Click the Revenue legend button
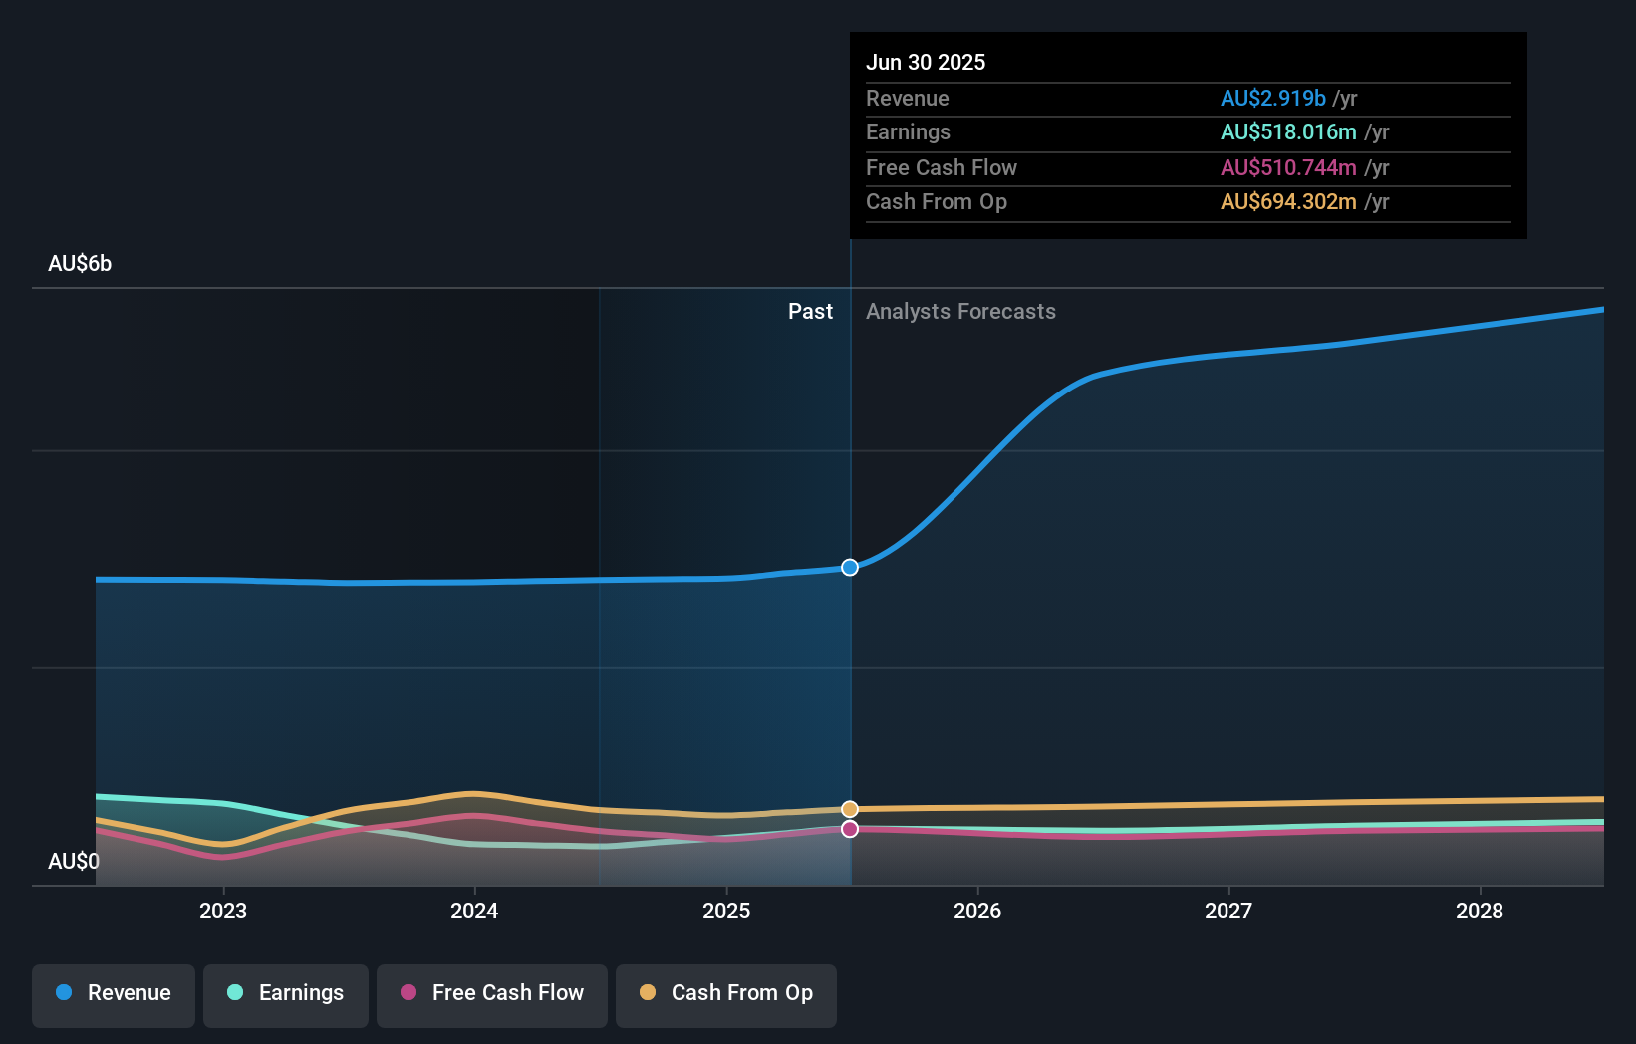point(114,993)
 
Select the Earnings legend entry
point(286,993)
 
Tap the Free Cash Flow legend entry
point(492,993)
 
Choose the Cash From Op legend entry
point(726,993)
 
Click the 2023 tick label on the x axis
point(223,911)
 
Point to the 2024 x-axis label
point(474,911)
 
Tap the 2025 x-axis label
point(726,911)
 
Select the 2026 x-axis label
point(977,911)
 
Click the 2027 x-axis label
point(1228,911)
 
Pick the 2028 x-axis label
point(1480,911)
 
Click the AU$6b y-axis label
point(80,264)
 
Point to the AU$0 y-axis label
point(74,861)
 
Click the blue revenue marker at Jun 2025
point(850,568)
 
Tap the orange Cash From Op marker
point(850,809)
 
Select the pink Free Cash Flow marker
point(850,829)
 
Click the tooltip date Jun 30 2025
point(926,62)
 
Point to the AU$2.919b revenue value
point(1272,98)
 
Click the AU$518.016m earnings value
point(1288,131)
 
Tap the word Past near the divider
point(810,312)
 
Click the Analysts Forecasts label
point(960,312)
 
